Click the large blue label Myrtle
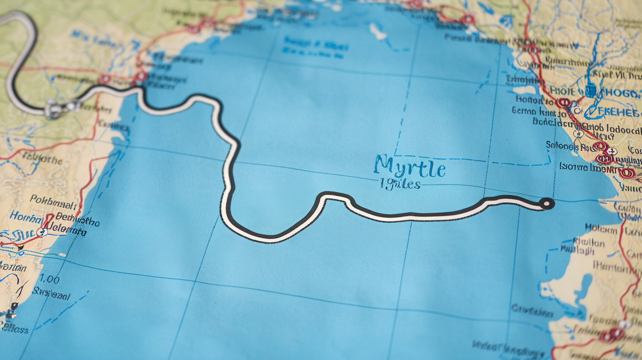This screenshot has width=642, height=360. [410, 167]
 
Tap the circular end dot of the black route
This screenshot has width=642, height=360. [547, 203]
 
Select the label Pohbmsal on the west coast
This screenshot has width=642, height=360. [53, 199]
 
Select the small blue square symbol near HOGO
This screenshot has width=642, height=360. [590, 90]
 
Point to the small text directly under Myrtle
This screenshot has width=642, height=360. [400, 184]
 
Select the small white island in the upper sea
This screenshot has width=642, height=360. [378, 32]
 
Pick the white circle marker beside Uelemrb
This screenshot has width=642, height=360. [42, 232]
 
